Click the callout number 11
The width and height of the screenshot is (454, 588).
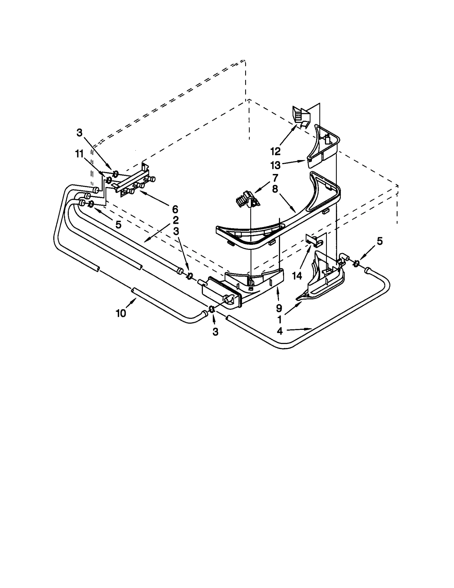tap(79, 154)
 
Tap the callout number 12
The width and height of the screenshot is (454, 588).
tap(275, 151)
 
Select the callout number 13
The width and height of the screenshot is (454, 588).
tap(275, 165)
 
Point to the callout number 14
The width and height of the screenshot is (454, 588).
tap(297, 275)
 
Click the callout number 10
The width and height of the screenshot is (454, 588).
tap(121, 313)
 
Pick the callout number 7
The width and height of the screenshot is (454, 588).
tap(275, 178)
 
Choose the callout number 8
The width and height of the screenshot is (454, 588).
tap(275, 189)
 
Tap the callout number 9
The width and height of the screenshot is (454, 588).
tap(279, 308)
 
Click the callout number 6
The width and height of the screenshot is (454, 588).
tap(175, 209)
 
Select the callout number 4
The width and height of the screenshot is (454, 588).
tap(280, 331)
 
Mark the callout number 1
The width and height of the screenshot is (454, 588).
tap(279, 319)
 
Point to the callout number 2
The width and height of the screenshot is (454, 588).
tap(176, 220)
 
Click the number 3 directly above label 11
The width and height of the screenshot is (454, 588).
tap(79, 133)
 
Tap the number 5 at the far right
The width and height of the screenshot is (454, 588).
tap(380, 241)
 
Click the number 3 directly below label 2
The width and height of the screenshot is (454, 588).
tap(176, 231)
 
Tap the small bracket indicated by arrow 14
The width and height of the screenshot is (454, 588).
tap(314, 241)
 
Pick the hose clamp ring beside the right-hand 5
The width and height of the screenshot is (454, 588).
tap(356, 264)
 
